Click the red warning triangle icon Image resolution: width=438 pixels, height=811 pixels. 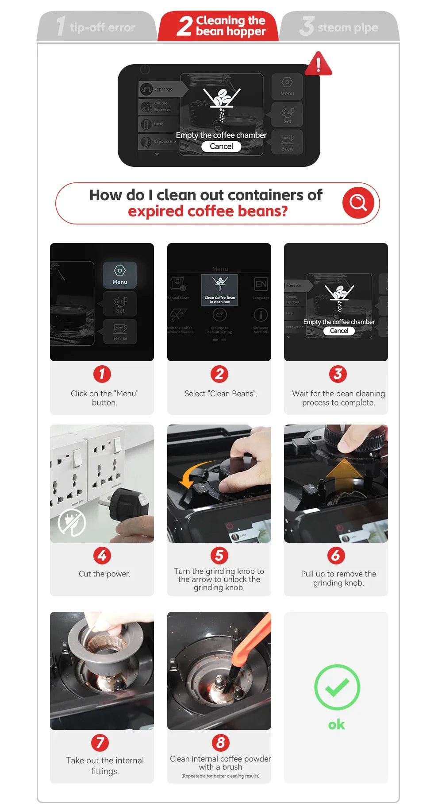pyautogui.click(x=318, y=65)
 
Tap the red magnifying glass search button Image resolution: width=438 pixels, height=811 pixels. pyautogui.click(x=358, y=203)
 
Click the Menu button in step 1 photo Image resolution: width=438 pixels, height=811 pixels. pyautogui.click(x=120, y=275)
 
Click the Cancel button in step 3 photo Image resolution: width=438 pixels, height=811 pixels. pyautogui.click(x=339, y=331)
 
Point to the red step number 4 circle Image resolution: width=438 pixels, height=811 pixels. pyautogui.click(x=102, y=555)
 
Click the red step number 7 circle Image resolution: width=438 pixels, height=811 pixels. pyautogui.click(x=100, y=742)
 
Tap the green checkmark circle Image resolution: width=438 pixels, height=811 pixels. pyautogui.click(x=337, y=687)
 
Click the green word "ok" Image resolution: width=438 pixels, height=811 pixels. pyautogui.click(x=336, y=724)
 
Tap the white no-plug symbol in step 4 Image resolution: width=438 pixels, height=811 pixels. pyautogui.click(x=72, y=522)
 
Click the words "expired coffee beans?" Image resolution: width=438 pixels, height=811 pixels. pyautogui.click(x=207, y=211)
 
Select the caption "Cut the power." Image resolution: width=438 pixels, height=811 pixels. pyautogui.click(x=104, y=574)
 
